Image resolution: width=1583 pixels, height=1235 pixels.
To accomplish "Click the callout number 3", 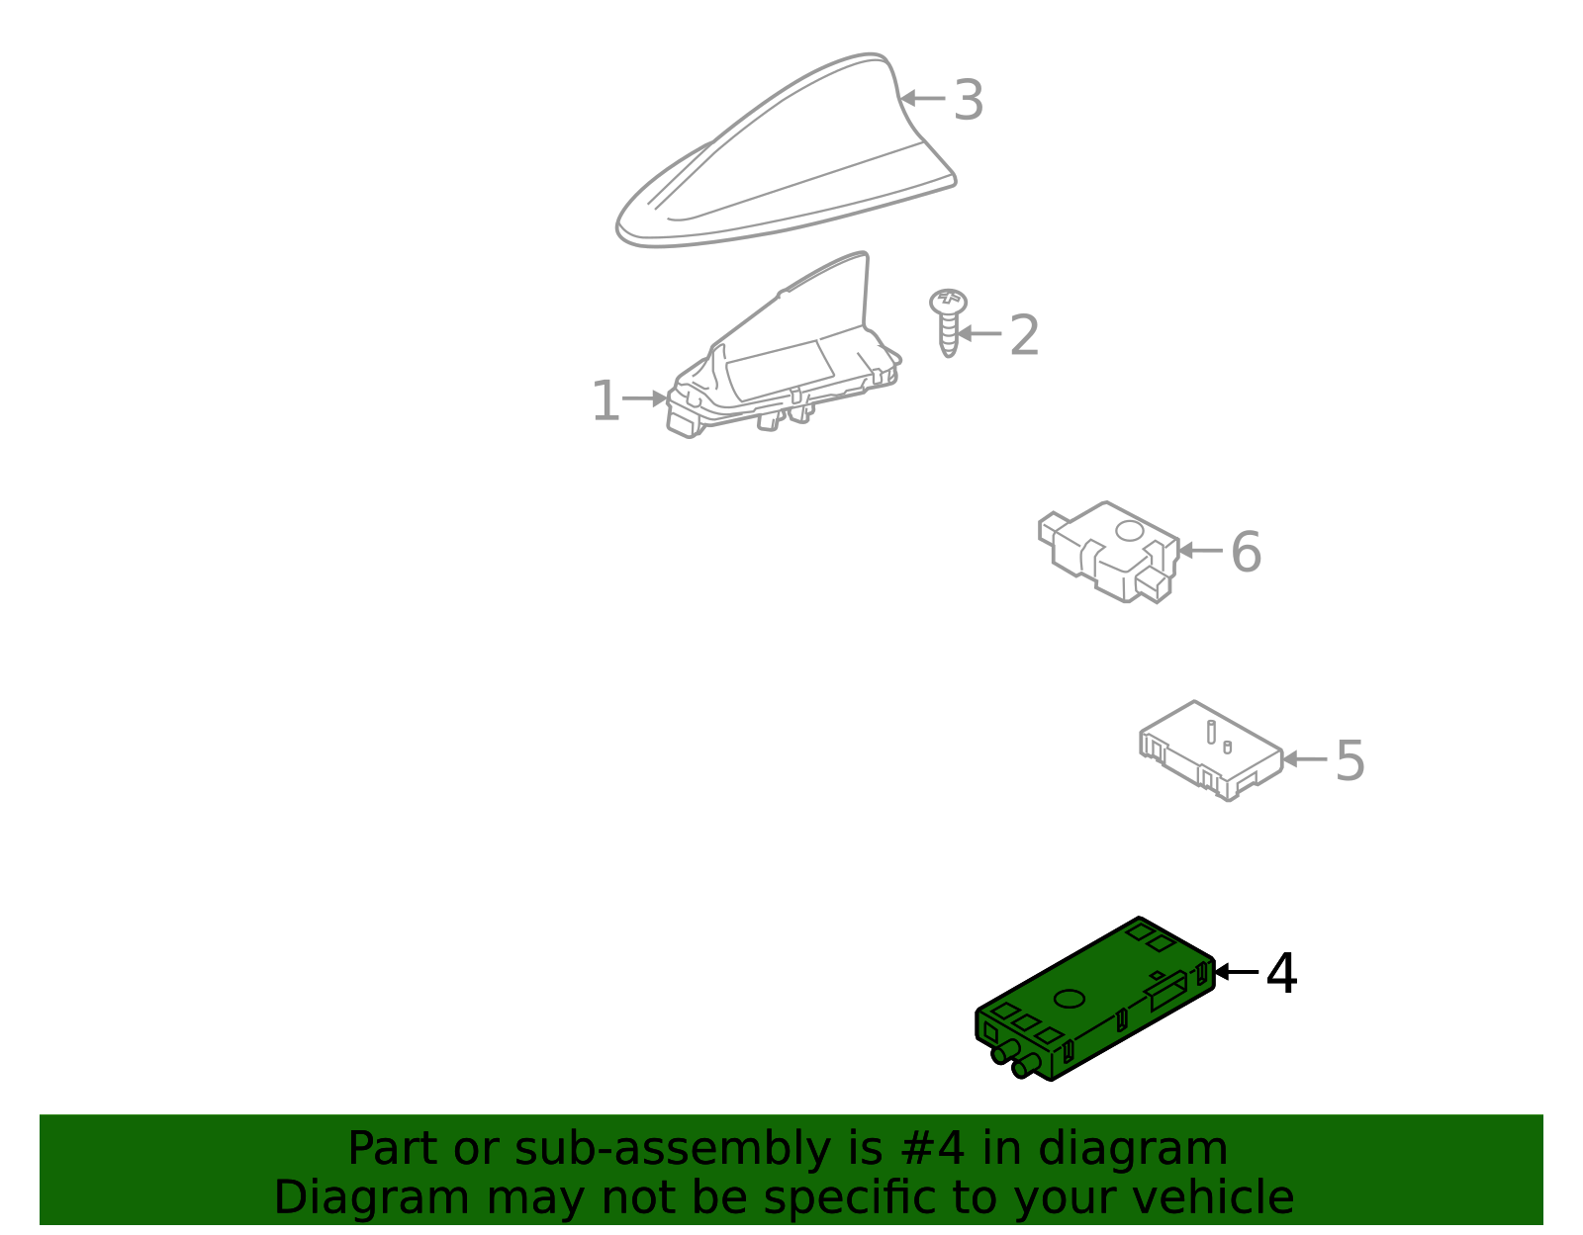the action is [x=969, y=100].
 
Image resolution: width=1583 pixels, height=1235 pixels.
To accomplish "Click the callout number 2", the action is [x=1024, y=335].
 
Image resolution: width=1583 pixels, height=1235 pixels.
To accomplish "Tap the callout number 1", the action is [x=606, y=400].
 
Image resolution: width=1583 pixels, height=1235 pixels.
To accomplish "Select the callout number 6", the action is [x=1247, y=552].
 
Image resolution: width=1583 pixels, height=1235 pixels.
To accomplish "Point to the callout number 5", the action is [x=1350, y=761].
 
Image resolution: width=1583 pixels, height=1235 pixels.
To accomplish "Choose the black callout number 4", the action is [x=1282, y=974].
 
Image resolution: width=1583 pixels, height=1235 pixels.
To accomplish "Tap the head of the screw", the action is [x=949, y=301].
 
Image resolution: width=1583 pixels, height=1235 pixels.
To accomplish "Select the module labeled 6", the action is [x=1109, y=553].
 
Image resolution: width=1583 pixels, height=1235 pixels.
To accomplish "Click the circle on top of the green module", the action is [x=1070, y=1000].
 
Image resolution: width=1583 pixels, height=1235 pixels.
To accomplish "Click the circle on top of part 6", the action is [x=1129, y=531].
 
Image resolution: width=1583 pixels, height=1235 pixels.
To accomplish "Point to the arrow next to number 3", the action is [x=923, y=98].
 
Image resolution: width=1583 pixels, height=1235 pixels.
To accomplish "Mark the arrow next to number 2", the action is [x=979, y=334].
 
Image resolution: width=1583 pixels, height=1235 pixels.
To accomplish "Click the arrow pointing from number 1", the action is [x=645, y=398].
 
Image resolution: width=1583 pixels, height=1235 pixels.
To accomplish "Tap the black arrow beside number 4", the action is [x=1237, y=972].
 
